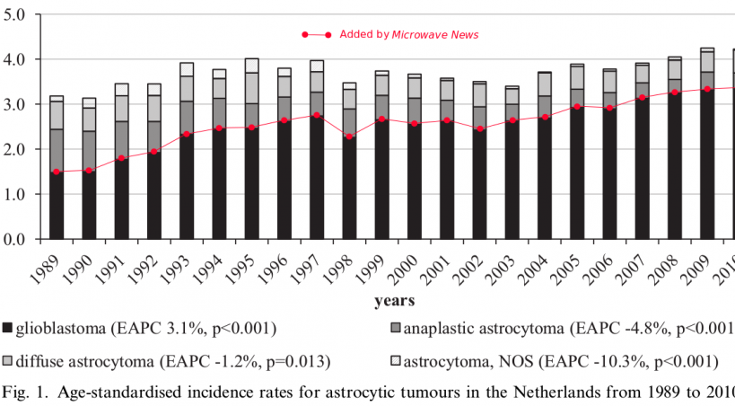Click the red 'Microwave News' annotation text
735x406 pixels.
tap(434, 35)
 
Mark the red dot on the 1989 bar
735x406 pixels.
tap(56, 172)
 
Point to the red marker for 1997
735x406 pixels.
tap(317, 115)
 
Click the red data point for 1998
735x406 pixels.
tap(349, 137)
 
